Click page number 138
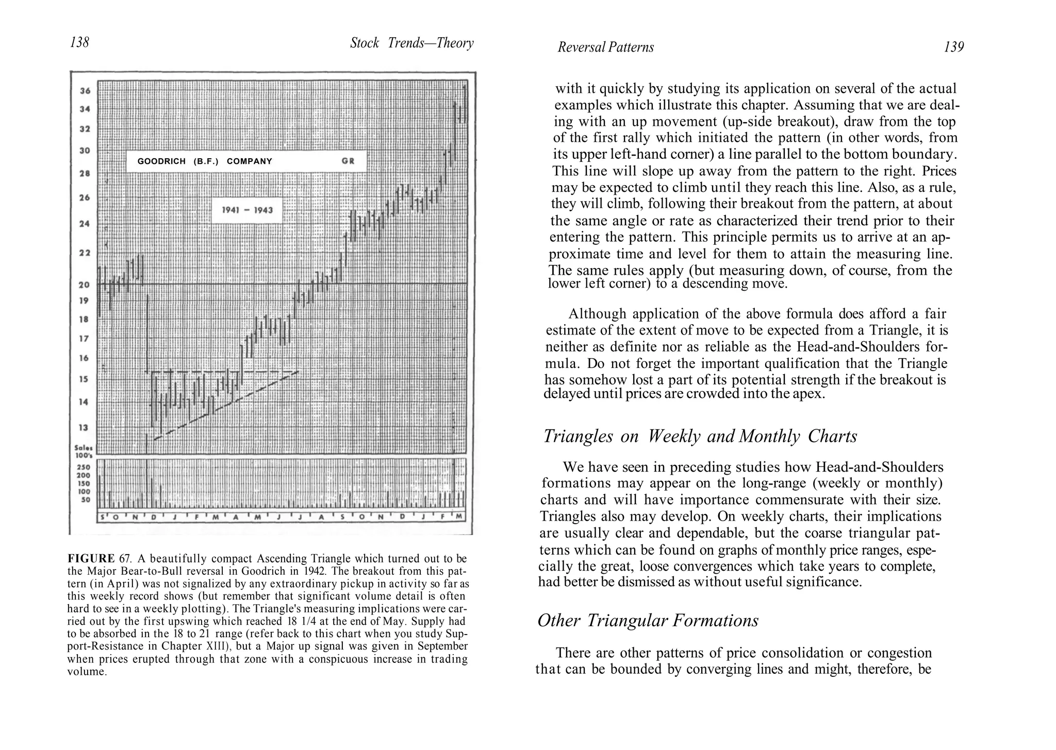(x=79, y=42)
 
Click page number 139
(x=953, y=47)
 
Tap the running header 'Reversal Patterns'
(x=605, y=47)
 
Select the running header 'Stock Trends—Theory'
(x=411, y=43)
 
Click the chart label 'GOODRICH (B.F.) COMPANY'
(x=205, y=161)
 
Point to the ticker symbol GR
(x=348, y=161)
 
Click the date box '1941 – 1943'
(x=247, y=210)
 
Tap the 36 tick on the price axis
(x=85, y=91)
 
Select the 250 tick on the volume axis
(x=84, y=468)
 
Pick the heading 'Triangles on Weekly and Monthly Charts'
(x=700, y=437)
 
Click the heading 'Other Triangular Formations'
(x=648, y=621)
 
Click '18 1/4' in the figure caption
(x=300, y=622)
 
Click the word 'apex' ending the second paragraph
(x=808, y=394)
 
